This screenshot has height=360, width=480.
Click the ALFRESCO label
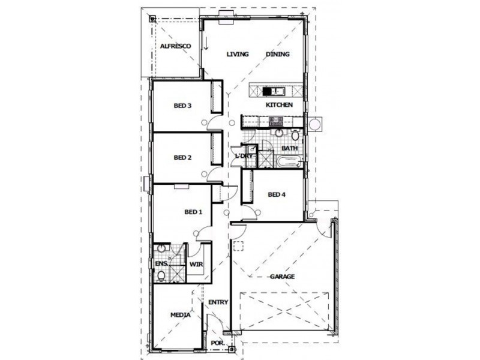[176, 46]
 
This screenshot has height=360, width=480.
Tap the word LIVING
[238, 54]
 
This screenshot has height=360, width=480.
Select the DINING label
[277, 54]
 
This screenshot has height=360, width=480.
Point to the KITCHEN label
[279, 104]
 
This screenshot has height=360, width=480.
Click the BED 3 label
[182, 106]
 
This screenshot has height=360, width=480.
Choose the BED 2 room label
[182, 158]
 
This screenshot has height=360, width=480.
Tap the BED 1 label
[193, 212]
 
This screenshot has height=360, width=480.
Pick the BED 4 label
[277, 194]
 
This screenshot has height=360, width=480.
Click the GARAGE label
[282, 277]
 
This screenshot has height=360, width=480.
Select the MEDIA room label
[181, 315]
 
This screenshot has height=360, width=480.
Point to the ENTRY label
[218, 302]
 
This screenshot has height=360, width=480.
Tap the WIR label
[196, 264]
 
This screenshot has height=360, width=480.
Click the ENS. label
[161, 263]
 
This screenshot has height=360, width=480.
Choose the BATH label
[290, 148]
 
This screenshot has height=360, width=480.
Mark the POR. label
[218, 343]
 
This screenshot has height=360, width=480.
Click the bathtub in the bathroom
[290, 161]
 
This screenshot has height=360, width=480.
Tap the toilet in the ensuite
[161, 276]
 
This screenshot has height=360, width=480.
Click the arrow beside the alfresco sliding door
[206, 43]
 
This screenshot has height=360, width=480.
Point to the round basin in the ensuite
[161, 248]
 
